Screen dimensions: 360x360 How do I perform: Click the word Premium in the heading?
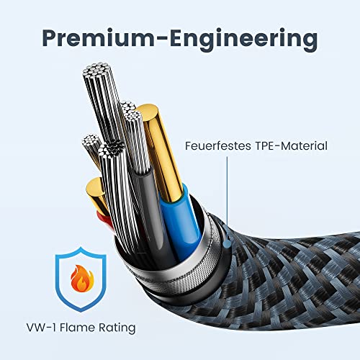[x=99, y=39]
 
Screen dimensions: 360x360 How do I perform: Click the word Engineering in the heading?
[x=243, y=39]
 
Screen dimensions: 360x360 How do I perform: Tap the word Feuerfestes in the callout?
[x=218, y=145]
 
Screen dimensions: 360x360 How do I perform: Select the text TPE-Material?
[x=291, y=145]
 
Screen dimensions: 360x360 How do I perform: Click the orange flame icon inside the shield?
[x=82, y=278]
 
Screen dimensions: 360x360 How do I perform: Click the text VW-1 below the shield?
[x=41, y=328]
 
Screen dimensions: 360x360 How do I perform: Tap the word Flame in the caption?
[x=78, y=328]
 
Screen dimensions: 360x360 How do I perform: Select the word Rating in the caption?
[x=117, y=328]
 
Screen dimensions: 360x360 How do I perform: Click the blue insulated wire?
[x=182, y=221]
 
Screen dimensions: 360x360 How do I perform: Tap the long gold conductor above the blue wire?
[x=161, y=151]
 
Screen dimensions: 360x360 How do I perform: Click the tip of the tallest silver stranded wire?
[x=96, y=69]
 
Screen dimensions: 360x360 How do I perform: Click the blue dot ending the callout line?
[x=227, y=244]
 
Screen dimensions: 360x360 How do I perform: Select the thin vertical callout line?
[x=227, y=199]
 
